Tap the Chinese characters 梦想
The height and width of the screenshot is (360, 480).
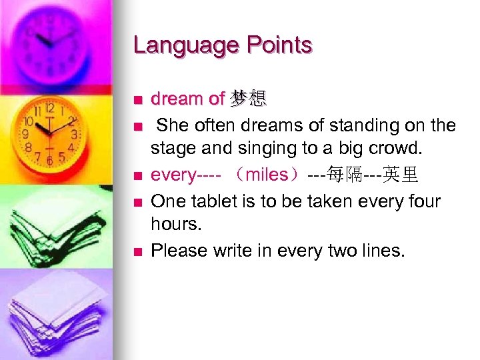[x=248, y=99]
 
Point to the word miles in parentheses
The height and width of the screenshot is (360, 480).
[x=266, y=175]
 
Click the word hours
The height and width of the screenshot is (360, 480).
[x=176, y=225]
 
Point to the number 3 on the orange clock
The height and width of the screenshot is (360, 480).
[x=74, y=134]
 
